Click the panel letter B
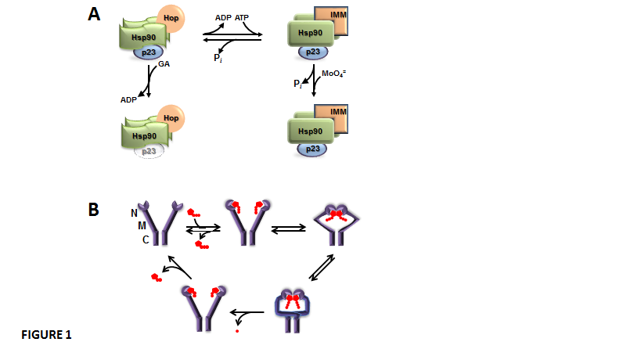tap(93, 209)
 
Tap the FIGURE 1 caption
tap(46, 335)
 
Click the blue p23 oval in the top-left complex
tap(148, 52)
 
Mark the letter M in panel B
tap(142, 225)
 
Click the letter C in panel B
tap(146, 240)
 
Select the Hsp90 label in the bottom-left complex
tap(136, 135)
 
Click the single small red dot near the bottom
tap(237, 332)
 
